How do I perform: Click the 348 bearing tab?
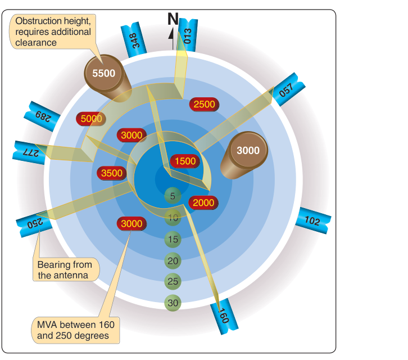134,39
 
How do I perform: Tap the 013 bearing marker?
188,35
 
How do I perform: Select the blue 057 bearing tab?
287,89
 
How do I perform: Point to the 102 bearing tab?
313,220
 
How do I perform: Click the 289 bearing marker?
42,116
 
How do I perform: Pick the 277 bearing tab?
29,152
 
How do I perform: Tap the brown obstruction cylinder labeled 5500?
106,78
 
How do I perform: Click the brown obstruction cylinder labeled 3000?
244,155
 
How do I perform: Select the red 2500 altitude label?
204,105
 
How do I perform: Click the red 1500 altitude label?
185,161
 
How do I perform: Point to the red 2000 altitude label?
203,202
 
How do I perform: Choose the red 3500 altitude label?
112,173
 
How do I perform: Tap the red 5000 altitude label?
91,119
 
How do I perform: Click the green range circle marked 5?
173,196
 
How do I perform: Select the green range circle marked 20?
173,261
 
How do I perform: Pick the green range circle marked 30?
173,303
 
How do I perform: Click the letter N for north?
173,19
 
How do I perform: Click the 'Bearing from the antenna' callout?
66,269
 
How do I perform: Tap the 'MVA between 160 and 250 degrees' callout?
75,330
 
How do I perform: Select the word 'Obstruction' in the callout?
39,21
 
